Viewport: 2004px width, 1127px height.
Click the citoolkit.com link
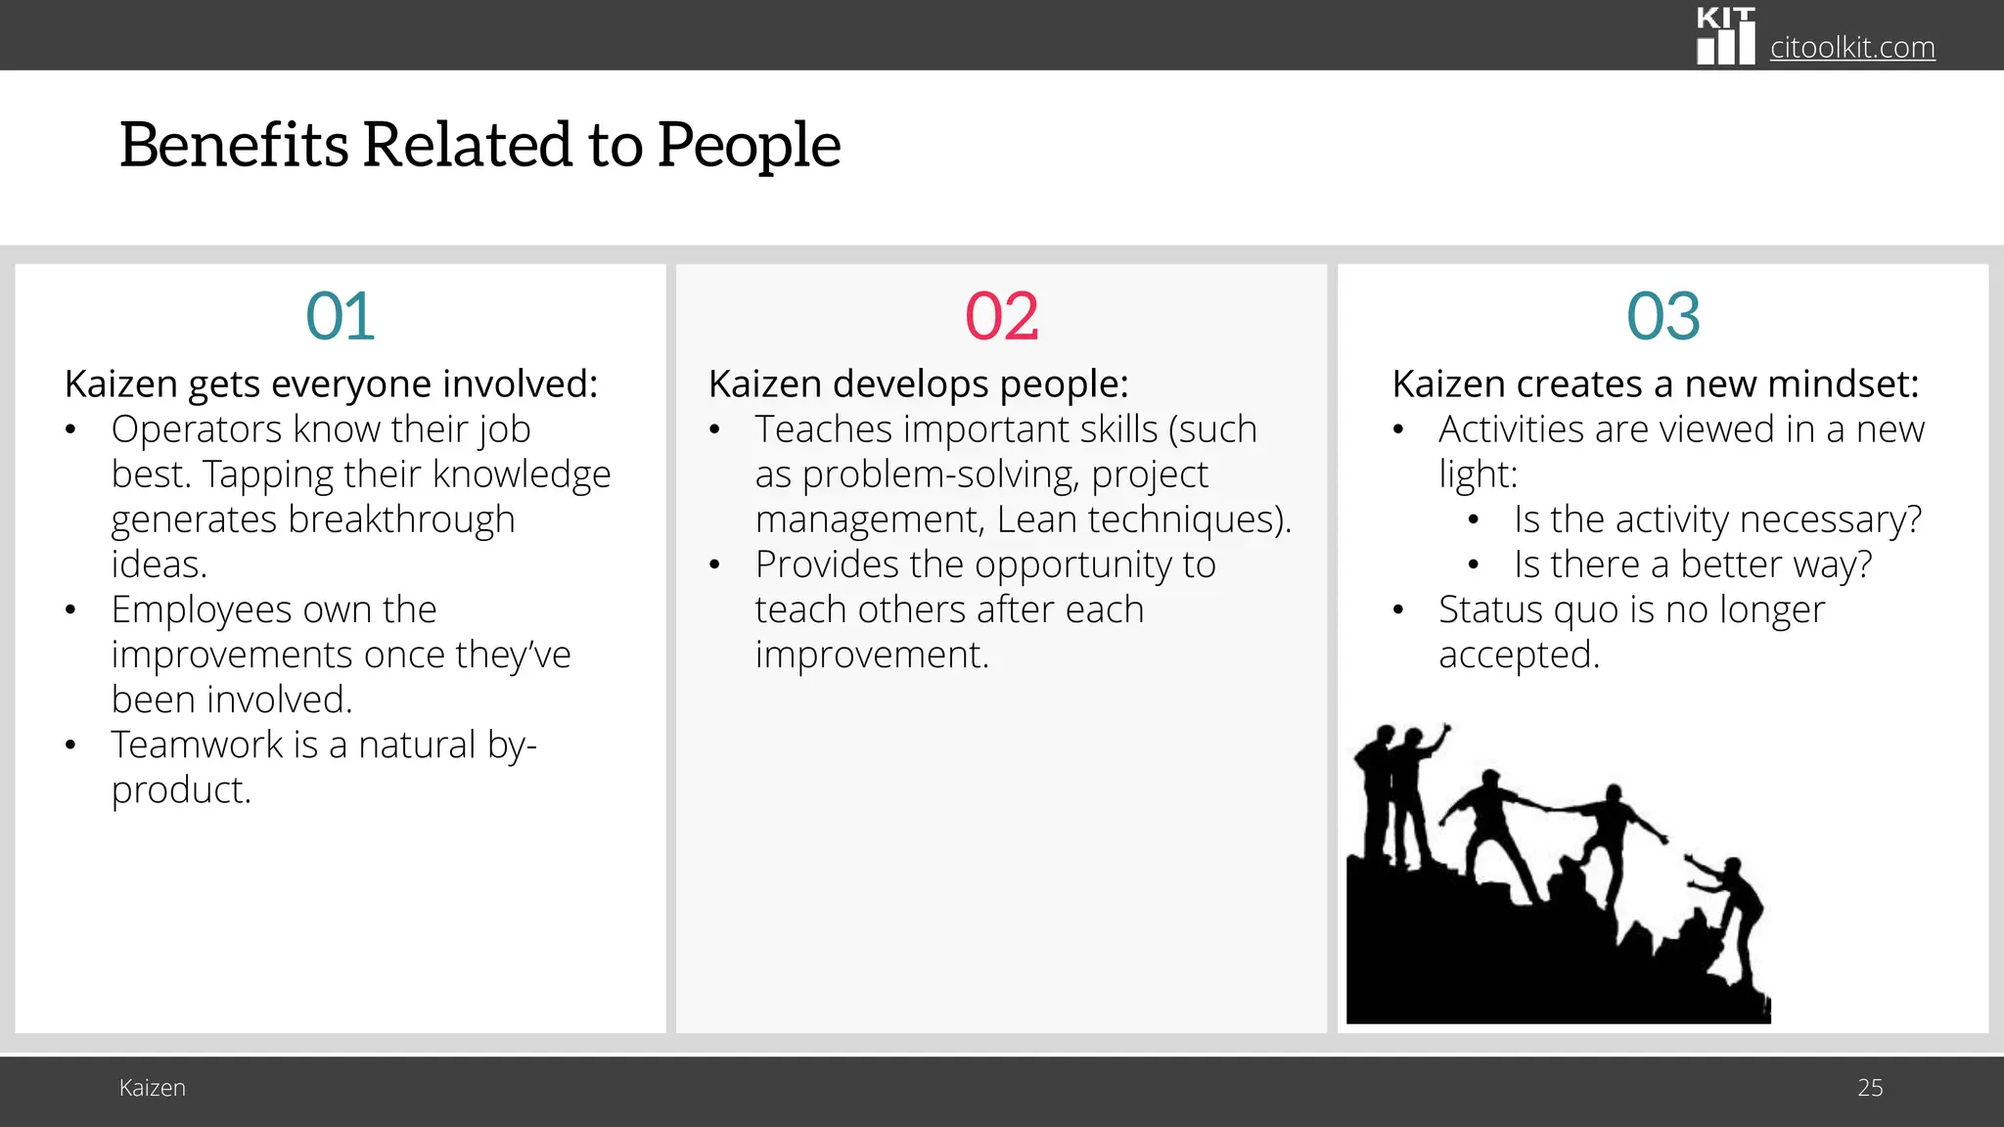click(x=1851, y=47)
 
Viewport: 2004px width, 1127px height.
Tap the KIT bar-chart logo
click(x=1725, y=37)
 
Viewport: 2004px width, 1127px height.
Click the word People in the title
click(x=749, y=145)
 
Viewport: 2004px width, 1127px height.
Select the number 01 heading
click(x=340, y=317)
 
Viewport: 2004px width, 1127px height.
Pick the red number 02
click(x=1001, y=317)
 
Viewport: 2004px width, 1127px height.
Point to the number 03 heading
click(x=1662, y=317)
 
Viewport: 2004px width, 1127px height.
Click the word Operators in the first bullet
click(x=196, y=429)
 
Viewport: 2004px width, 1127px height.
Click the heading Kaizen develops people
click(x=918, y=384)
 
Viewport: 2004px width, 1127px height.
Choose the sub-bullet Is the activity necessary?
click(x=1717, y=519)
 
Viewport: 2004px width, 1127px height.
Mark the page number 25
click(x=1869, y=1088)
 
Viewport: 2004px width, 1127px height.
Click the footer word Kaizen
click(x=152, y=1088)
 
